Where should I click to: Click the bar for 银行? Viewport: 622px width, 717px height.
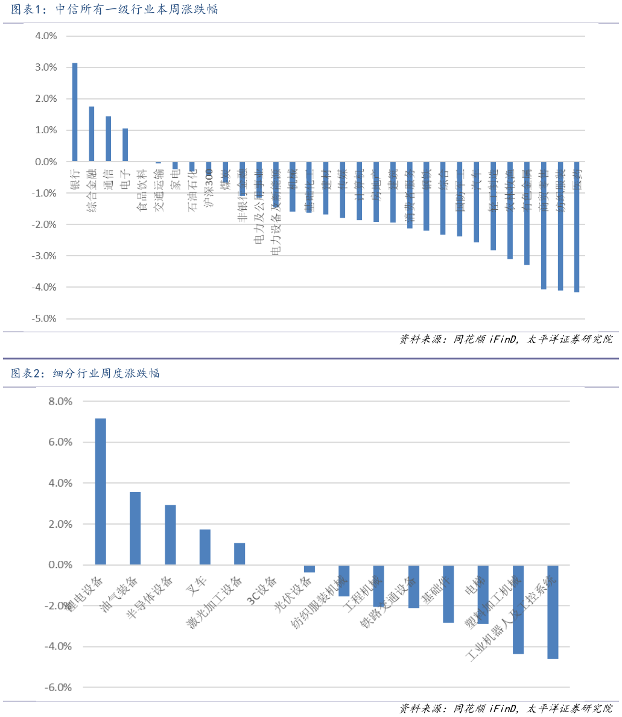click(x=75, y=112)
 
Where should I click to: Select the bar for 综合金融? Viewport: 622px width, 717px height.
click(x=92, y=134)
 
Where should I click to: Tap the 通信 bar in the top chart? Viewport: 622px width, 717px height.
click(x=109, y=139)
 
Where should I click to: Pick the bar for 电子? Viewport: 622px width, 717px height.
click(x=125, y=145)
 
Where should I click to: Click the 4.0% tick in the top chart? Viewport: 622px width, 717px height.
click(x=46, y=36)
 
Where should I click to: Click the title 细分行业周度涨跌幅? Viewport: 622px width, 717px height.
click(x=86, y=373)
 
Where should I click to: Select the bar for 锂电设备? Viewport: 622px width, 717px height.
click(x=101, y=491)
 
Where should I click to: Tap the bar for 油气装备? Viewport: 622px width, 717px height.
click(x=135, y=528)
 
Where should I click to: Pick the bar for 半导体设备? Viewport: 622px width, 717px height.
click(x=170, y=535)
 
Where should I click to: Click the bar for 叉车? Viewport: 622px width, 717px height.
click(x=205, y=547)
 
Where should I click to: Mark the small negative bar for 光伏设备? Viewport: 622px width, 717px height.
click(x=309, y=569)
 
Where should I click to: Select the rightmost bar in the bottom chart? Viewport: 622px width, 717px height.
click(x=553, y=611)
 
